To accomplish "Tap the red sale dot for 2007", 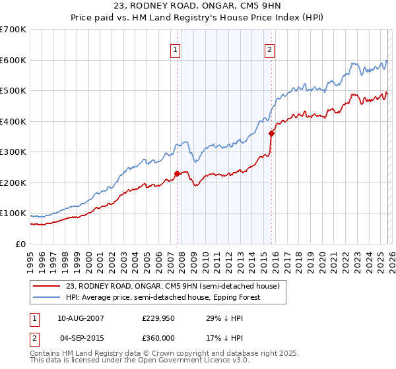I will click(177, 174).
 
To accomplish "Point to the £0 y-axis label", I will click(20, 244).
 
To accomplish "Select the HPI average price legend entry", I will click(164, 297).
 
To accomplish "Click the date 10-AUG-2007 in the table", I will click(81, 318).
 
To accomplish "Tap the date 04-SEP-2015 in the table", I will click(81, 338).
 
